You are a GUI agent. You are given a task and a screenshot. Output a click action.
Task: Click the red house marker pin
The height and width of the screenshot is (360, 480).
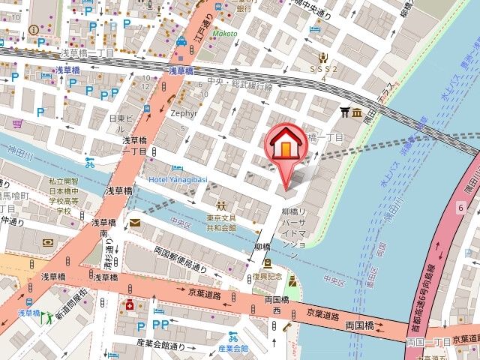[x=286, y=145]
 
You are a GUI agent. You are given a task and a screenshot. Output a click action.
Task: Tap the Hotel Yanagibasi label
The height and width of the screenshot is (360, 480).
[x=179, y=180]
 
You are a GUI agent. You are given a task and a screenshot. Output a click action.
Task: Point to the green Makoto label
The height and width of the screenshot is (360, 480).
[x=224, y=34]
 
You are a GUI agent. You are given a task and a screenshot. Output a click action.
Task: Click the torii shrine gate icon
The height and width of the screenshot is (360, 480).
[x=345, y=112]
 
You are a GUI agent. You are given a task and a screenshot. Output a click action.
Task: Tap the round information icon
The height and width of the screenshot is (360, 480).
[x=33, y=29]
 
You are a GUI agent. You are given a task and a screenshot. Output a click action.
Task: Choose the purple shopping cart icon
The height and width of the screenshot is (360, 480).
[x=17, y=122]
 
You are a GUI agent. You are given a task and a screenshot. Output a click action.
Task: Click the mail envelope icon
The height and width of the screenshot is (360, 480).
[x=134, y=222]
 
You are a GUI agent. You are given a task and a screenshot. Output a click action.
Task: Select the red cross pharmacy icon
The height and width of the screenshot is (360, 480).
[x=130, y=305]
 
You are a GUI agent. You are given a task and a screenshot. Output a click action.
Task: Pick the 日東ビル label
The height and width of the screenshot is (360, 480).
[x=121, y=118]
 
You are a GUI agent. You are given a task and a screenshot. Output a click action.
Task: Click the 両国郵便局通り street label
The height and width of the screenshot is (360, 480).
[x=179, y=259]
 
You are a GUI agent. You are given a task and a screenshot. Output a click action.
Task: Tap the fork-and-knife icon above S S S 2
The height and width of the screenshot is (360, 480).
[x=323, y=55]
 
